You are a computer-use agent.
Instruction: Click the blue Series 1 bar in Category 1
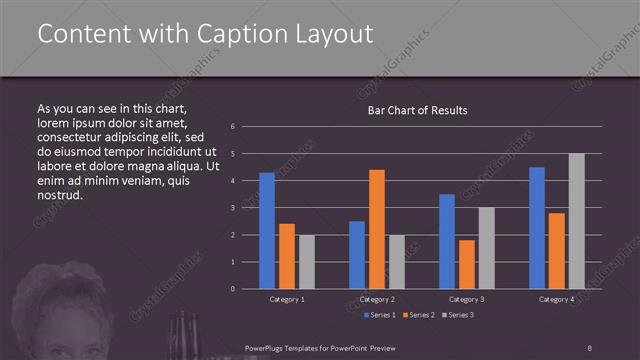pos(267,231)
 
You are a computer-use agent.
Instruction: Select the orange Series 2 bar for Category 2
pos(377,229)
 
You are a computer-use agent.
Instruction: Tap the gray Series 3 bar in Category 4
pos(577,221)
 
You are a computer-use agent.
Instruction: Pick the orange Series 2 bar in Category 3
pos(467,264)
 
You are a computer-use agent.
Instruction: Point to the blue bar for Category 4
pos(537,228)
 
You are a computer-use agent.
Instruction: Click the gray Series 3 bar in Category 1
pos(307,262)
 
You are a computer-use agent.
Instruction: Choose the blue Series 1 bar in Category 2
pos(357,255)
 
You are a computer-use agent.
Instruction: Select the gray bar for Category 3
pos(487,248)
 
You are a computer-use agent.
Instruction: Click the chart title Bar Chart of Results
pos(418,110)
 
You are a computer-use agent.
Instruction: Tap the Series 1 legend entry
pos(381,315)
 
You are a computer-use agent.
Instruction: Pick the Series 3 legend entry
pos(459,315)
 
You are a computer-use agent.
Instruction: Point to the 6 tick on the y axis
pos(232,127)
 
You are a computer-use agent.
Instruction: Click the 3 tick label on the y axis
pos(232,208)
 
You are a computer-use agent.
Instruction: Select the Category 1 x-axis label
pos(287,299)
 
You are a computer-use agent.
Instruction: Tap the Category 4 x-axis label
pos(556,299)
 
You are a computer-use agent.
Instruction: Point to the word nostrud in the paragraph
pos(59,194)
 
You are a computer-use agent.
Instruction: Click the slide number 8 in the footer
pos(590,349)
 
